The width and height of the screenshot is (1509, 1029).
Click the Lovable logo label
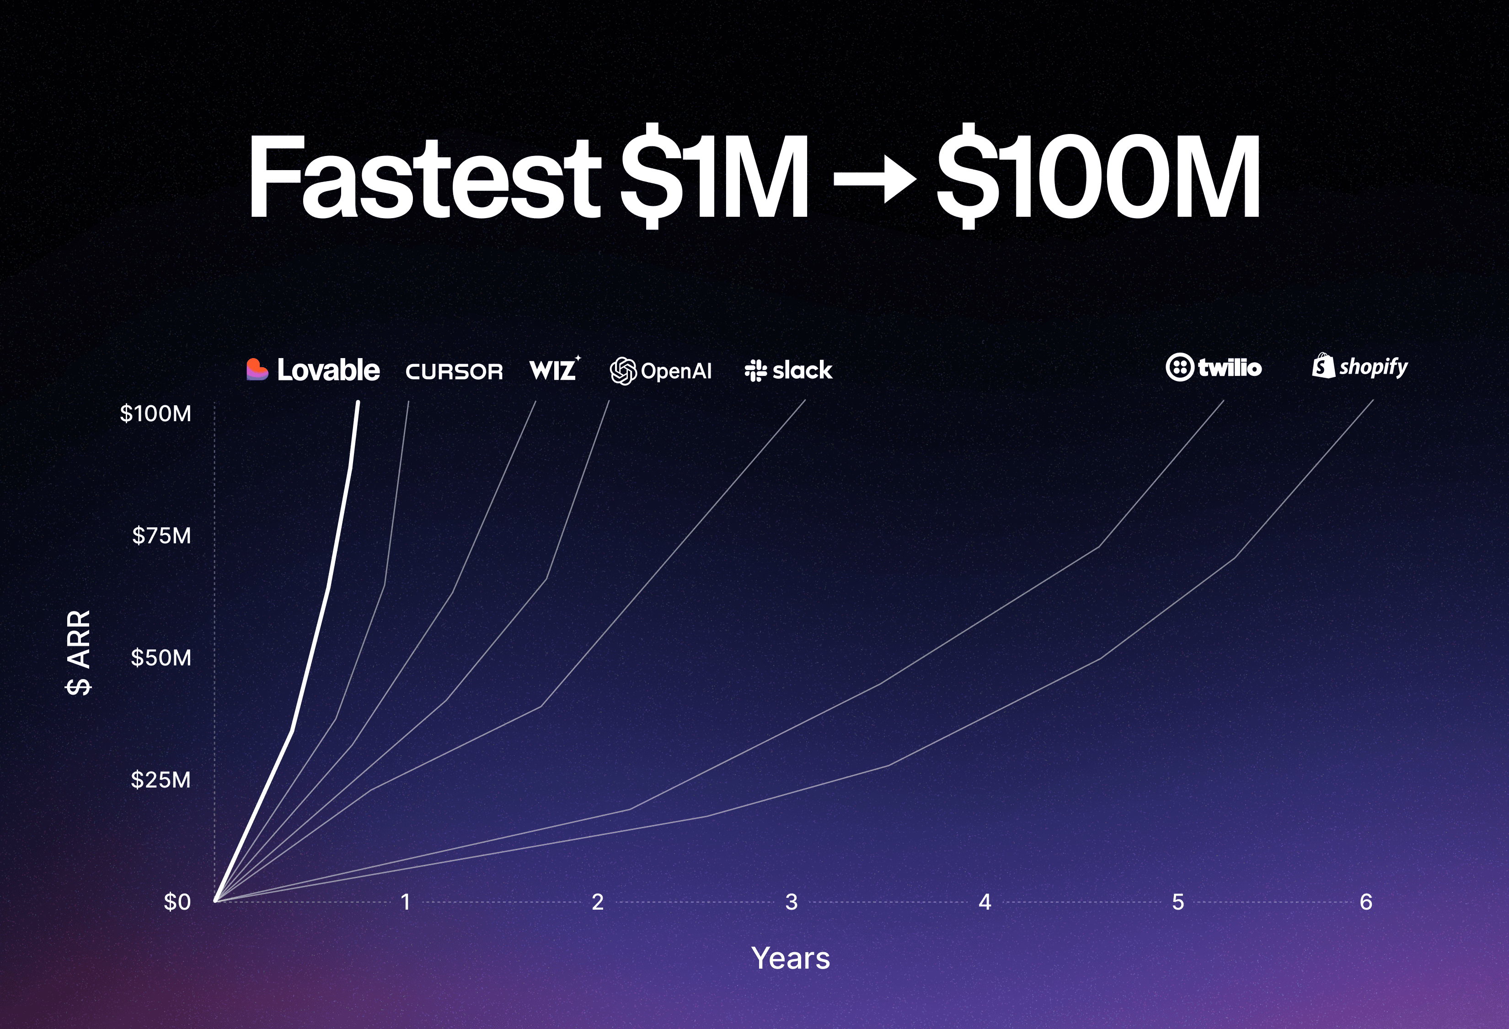313,370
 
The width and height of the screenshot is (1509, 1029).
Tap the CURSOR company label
454,371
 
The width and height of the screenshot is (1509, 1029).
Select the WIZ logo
554,370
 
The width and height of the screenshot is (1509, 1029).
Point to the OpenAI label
661,371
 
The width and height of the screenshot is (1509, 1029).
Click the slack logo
788,370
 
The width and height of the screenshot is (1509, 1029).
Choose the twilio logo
1214,367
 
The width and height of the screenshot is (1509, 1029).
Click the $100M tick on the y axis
156,413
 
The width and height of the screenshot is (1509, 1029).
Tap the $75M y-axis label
162,536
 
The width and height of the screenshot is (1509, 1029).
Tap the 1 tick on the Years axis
406,902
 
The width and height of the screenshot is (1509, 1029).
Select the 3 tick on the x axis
792,902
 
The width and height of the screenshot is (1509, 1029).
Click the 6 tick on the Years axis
1366,902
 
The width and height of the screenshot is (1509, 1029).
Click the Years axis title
790,958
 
